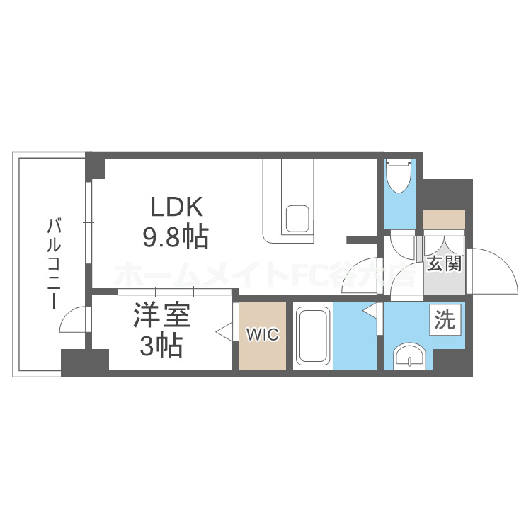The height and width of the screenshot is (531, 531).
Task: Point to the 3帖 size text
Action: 161,346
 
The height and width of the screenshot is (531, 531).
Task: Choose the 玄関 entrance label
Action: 444,264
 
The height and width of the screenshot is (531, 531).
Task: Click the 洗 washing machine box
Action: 446,320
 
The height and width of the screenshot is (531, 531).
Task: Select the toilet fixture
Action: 399,176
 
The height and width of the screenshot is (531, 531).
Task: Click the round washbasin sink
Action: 410,355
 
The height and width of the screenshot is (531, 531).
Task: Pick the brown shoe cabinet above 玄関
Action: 443,219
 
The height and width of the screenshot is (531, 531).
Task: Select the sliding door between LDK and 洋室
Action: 174,291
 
